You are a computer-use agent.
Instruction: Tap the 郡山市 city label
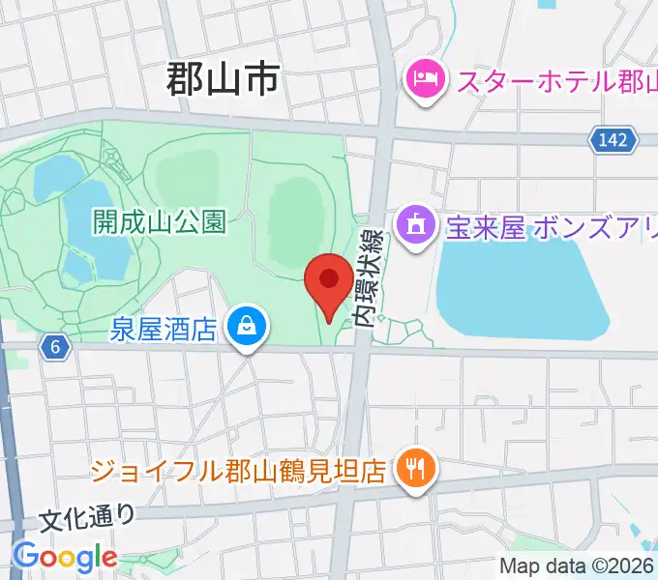[223, 78]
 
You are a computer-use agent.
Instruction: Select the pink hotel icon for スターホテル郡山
[425, 76]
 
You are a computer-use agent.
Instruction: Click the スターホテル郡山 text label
[555, 79]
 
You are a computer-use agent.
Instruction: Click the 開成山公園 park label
[160, 222]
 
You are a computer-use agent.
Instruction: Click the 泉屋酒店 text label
[163, 330]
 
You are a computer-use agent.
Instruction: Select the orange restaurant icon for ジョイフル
[417, 471]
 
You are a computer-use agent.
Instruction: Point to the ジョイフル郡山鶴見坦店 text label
[240, 472]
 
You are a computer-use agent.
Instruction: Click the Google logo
[65, 556]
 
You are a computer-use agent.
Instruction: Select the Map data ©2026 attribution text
[578, 565]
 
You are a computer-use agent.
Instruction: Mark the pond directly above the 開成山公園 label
[58, 176]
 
